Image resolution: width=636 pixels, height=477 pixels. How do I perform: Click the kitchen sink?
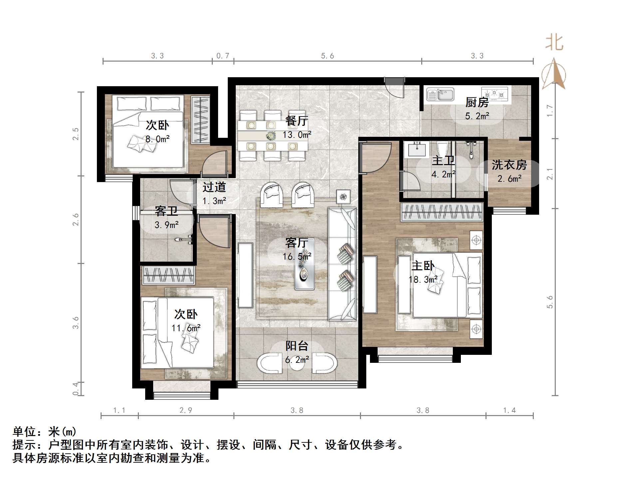pyautogui.click(x=440, y=95)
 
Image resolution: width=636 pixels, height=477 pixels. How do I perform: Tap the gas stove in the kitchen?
pyautogui.click(x=495, y=94)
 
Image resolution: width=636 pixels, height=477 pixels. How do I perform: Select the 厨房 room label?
pyautogui.click(x=477, y=102)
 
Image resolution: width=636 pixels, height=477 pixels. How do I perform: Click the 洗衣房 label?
pyautogui.click(x=509, y=165)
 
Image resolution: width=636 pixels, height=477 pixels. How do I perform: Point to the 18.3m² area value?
pyautogui.click(x=423, y=280)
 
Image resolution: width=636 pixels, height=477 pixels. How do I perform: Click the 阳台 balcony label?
pyautogui.click(x=297, y=346)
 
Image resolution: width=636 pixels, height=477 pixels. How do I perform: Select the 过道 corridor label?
pyautogui.click(x=214, y=187)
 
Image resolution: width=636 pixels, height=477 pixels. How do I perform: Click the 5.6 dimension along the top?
pyautogui.click(x=327, y=56)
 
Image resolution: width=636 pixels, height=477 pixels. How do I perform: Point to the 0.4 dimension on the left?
pyautogui.click(x=76, y=389)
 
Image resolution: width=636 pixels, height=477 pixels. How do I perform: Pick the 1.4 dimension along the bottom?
pyautogui.click(x=509, y=410)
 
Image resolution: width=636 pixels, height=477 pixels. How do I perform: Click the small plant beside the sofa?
pyautogui.click(x=343, y=197)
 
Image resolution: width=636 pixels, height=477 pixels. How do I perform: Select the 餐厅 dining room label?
pyautogui.click(x=297, y=121)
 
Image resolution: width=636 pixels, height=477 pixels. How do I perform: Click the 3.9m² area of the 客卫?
pyautogui.click(x=166, y=225)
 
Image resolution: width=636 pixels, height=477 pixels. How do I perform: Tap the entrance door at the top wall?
pyautogui.click(x=395, y=87)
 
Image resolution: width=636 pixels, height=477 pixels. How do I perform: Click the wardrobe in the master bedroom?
pyautogui.click(x=442, y=212)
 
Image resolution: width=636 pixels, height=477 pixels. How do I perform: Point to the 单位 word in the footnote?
pyautogui.click(x=24, y=432)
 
